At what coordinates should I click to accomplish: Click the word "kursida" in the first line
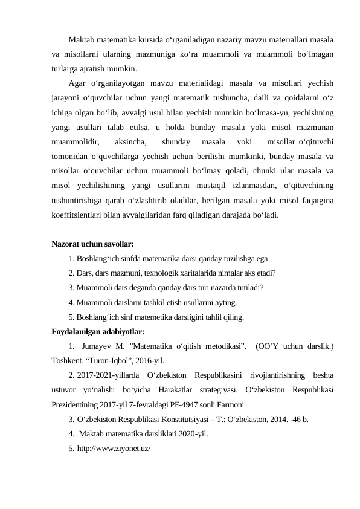click(x=153, y=40)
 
